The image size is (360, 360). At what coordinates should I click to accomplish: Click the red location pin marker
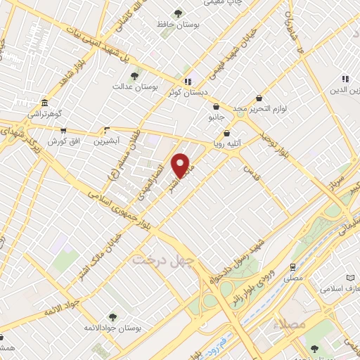(x=181, y=165)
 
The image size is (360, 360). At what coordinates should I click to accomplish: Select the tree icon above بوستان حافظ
(x=178, y=13)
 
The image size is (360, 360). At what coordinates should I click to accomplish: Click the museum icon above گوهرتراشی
(x=44, y=102)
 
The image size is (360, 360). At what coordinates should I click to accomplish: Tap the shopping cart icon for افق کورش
(x=63, y=130)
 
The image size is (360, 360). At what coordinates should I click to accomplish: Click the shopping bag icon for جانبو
(x=216, y=107)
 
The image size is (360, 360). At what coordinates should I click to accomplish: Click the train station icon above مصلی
(x=292, y=267)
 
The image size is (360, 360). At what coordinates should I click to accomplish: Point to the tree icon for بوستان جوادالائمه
(x=112, y=318)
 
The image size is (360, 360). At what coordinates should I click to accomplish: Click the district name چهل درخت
(x=153, y=259)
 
